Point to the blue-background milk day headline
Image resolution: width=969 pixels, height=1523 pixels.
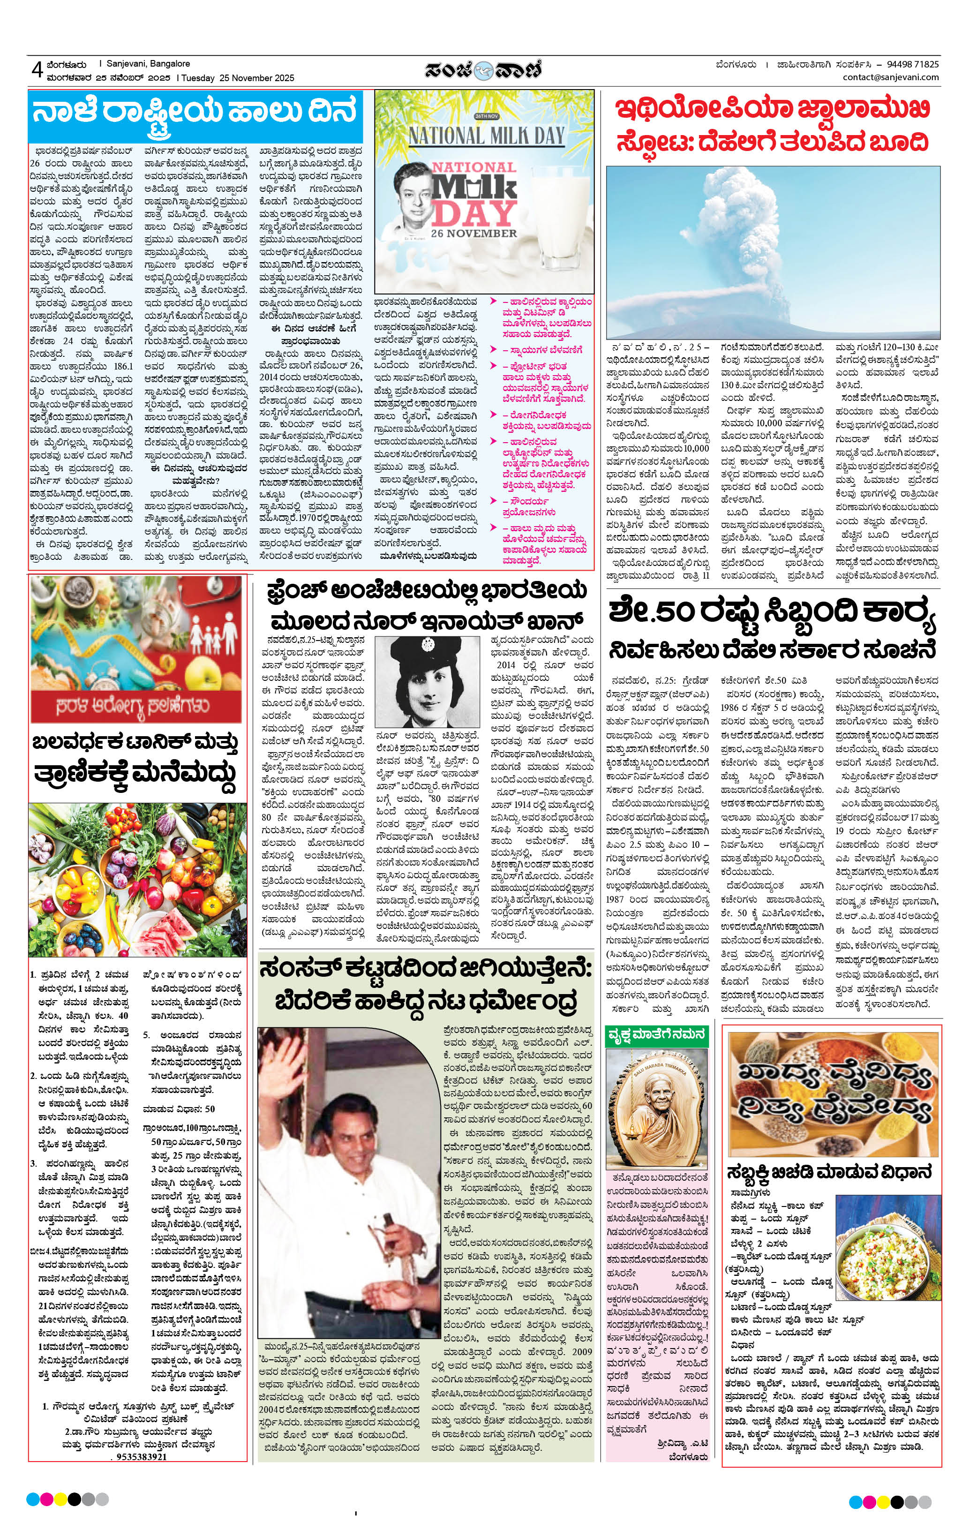pyautogui.click(x=196, y=118)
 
